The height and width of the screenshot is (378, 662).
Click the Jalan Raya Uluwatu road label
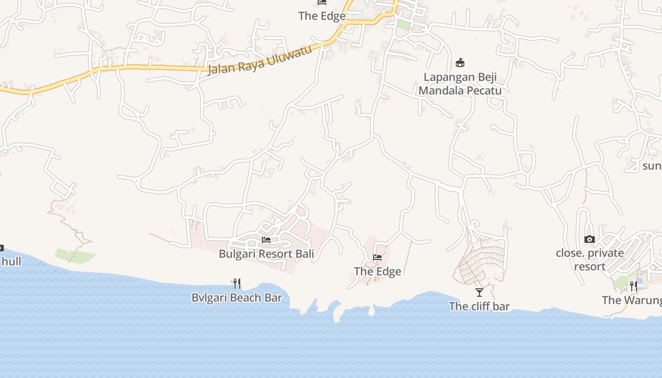[x=260, y=60]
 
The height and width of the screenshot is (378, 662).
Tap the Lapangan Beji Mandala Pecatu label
[x=460, y=84]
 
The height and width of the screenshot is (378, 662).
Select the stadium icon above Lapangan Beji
[x=460, y=62]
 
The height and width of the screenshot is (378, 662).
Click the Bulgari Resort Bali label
[x=266, y=254]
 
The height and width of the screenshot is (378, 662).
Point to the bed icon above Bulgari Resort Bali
[x=266, y=240]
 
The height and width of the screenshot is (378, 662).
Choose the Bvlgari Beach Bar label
[x=237, y=298]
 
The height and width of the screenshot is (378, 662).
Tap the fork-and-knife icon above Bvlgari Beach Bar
[x=237, y=283]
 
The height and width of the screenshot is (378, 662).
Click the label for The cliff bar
[x=479, y=306]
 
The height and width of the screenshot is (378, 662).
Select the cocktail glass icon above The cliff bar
[x=479, y=292]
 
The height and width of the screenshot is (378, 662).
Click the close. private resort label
[x=590, y=259]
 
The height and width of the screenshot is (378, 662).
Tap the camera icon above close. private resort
[x=589, y=240]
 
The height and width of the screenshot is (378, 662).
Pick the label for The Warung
[x=631, y=300]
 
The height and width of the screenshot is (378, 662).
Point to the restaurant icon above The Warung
[x=634, y=286]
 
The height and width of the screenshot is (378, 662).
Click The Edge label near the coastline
[x=377, y=271]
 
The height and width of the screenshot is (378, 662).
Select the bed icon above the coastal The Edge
[x=377, y=258]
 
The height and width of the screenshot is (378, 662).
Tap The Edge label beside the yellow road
[x=322, y=16]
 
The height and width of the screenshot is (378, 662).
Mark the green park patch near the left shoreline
[x=74, y=255]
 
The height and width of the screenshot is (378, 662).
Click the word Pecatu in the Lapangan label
[x=484, y=90]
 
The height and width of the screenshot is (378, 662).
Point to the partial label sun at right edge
[x=652, y=166]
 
